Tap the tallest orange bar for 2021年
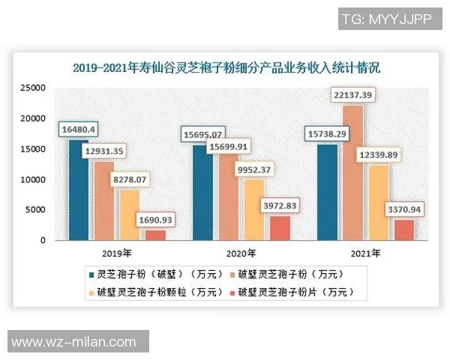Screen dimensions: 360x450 (x=352, y=173)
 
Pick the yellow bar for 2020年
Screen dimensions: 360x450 (x=254, y=210)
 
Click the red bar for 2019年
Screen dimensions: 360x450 (x=154, y=235)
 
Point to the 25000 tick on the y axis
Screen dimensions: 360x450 (x=34, y=88)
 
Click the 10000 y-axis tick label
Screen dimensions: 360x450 (x=34, y=179)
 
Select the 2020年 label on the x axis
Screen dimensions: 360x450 (x=241, y=253)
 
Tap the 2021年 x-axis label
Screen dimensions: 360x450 (x=365, y=253)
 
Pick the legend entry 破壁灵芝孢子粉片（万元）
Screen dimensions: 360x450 (x=295, y=291)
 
